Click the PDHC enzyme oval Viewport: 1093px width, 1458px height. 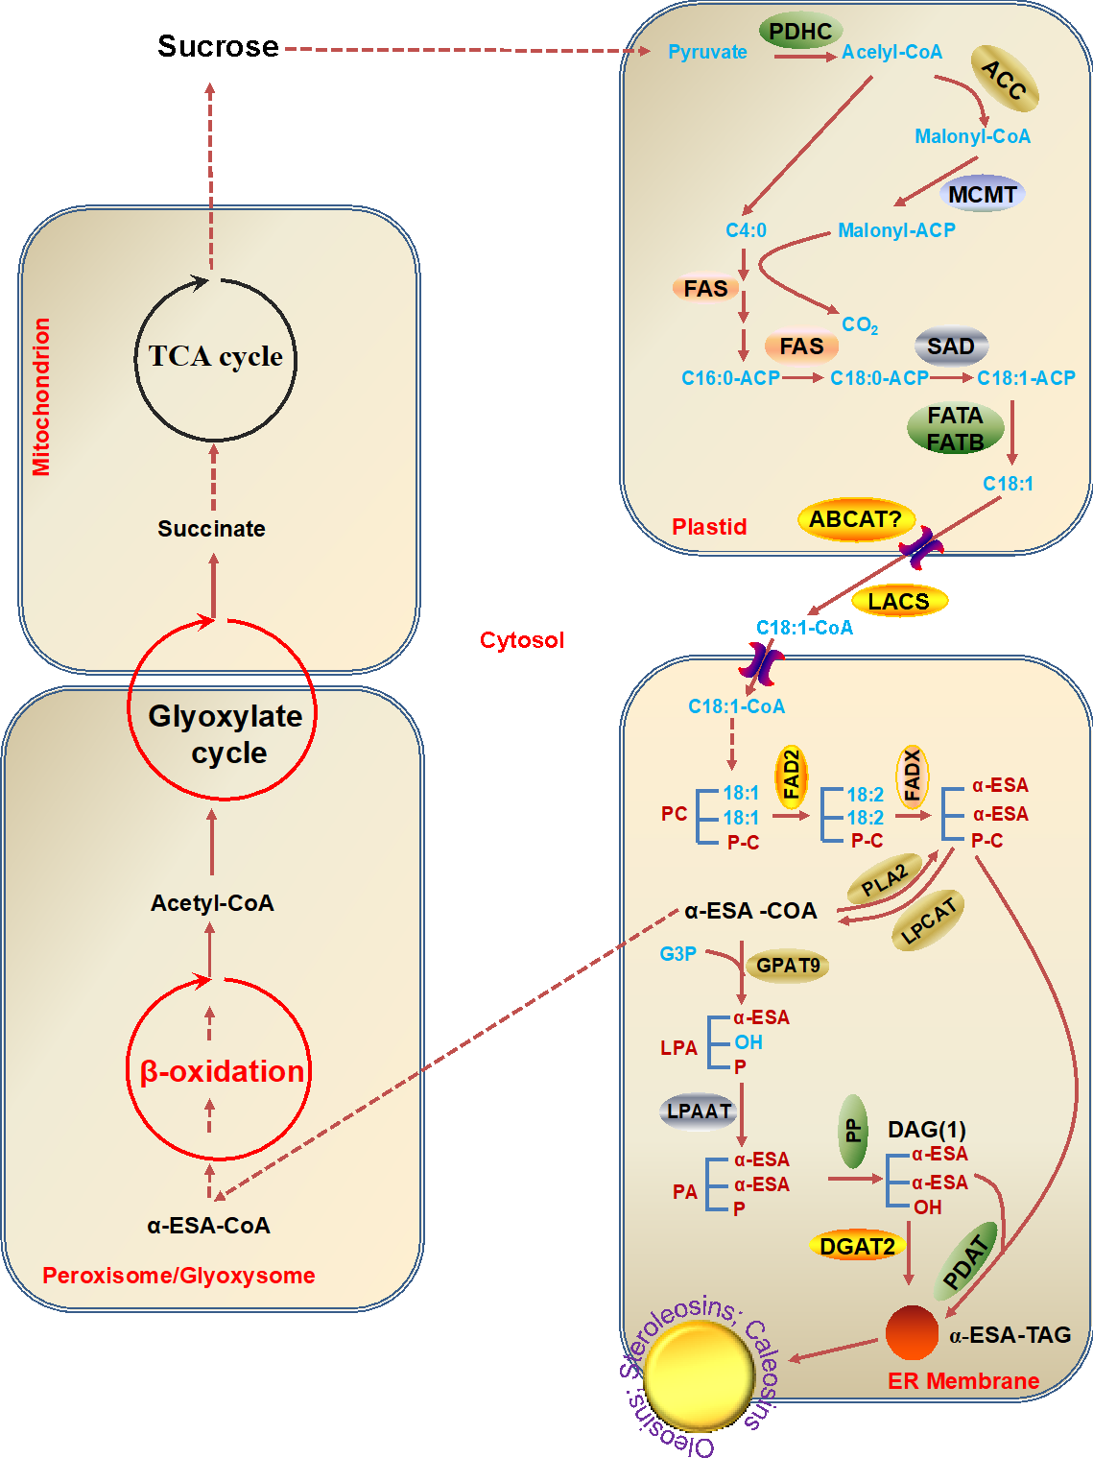point(800,32)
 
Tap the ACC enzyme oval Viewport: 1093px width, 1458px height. point(1005,80)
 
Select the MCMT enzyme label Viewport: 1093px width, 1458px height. point(982,195)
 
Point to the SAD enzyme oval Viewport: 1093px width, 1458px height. point(951,347)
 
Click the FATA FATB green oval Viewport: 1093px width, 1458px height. point(955,428)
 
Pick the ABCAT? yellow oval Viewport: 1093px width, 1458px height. point(855,519)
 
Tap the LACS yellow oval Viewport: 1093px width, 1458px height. point(899,601)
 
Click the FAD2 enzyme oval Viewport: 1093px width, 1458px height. point(792,775)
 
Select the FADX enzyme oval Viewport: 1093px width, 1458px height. point(913,775)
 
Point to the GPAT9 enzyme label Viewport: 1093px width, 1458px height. point(788,966)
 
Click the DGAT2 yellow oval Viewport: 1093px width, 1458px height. point(857,1246)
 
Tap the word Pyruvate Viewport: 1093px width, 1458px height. point(707,52)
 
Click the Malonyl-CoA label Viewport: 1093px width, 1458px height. point(972,136)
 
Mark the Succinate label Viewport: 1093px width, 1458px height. point(211,528)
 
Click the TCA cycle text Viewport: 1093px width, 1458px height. point(216,356)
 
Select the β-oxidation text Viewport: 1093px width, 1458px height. point(222,1071)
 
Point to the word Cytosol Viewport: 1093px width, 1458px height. point(522,640)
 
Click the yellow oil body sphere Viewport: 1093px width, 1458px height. point(699,1376)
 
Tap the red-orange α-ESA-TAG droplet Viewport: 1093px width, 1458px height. point(912,1332)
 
